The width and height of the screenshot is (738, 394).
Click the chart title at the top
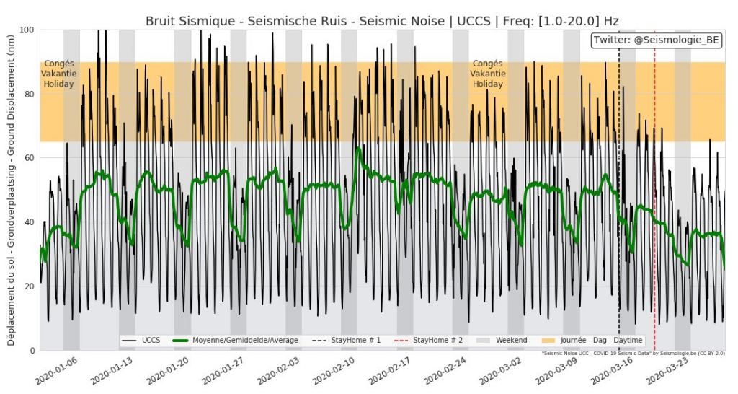coord(382,20)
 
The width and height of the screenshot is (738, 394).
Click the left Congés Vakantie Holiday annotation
coord(59,74)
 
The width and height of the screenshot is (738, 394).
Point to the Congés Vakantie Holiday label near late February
coord(488,74)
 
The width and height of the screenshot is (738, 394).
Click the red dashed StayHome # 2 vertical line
coord(654,216)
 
